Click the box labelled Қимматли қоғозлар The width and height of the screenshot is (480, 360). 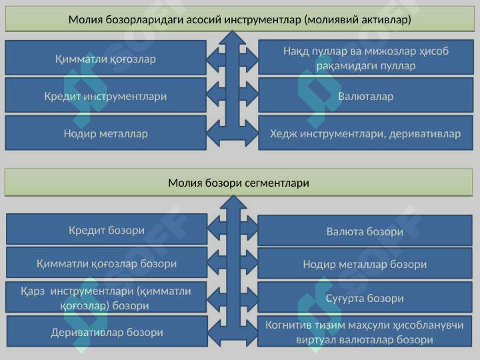coord(105,57)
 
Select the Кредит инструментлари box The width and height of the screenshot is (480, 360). coord(105,95)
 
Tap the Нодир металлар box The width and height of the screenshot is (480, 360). coord(105,133)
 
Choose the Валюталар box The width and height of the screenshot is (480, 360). coord(366,95)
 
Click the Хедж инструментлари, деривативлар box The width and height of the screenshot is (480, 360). coord(366,133)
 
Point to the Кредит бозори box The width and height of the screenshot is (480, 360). coord(107,229)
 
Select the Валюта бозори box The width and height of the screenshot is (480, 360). coord(365,231)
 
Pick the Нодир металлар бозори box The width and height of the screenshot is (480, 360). coord(365,263)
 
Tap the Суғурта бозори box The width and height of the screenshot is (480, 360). coord(365,297)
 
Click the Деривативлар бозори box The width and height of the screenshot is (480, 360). coord(107,331)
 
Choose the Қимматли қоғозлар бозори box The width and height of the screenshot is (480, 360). coord(107,263)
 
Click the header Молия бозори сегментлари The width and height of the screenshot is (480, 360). coord(239,183)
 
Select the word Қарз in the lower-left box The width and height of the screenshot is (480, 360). coord(33,291)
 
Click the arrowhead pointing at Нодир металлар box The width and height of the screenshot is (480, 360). coord(214,133)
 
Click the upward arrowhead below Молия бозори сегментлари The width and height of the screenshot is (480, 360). coord(233,203)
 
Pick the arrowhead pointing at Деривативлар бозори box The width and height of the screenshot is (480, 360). coord(215,333)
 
